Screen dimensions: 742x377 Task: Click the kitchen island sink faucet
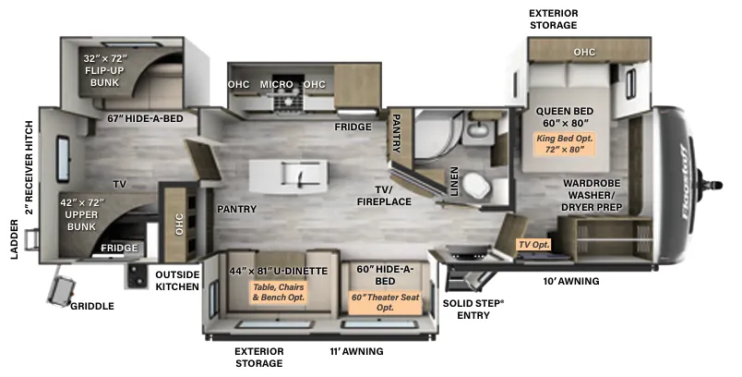coord(300,176)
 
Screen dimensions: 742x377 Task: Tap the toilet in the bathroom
coord(477,185)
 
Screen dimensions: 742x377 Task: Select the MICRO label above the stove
coord(276,84)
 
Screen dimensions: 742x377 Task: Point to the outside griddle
coord(62,291)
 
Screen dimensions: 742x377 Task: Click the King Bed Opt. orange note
coord(564,144)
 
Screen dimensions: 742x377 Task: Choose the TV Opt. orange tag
coord(534,244)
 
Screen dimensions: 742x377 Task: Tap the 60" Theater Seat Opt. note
coord(385,302)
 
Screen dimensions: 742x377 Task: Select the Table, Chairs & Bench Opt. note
coord(279,292)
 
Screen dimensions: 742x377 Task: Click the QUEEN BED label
coord(565,111)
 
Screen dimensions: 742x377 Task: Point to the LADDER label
coord(15,239)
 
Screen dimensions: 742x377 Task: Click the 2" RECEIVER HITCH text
coord(30,167)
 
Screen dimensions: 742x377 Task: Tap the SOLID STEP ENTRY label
coord(473,309)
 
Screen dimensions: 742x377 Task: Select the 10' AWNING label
coord(571,281)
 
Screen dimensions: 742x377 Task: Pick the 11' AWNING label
coord(356,351)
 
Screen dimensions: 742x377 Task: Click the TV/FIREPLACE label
coord(384,196)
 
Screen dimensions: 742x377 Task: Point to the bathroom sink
coord(478,128)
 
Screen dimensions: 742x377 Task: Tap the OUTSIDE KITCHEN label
coord(177,280)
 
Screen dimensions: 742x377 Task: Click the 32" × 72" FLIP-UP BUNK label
coord(105,70)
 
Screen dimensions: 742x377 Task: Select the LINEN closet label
coord(454,181)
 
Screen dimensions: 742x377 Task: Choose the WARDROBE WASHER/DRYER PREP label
coord(592,195)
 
